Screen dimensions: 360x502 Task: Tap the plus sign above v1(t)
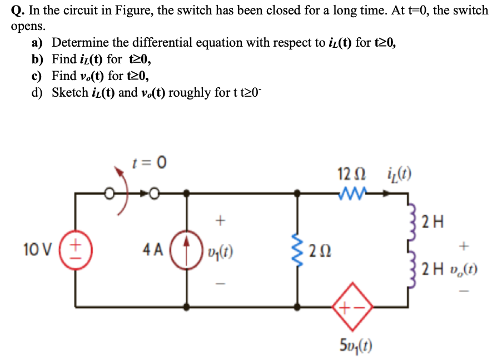[x=220, y=222]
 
